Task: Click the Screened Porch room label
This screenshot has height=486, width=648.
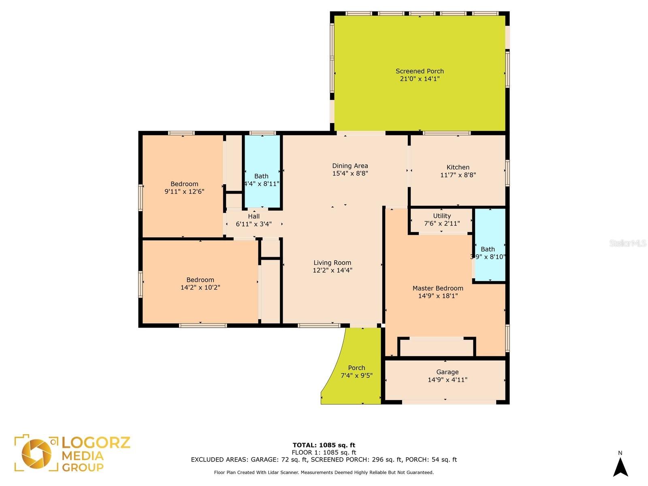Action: pos(420,71)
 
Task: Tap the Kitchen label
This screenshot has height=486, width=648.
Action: pos(458,167)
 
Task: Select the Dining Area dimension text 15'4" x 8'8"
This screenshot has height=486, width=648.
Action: pos(350,173)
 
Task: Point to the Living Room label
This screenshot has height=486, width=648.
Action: pos(332,262)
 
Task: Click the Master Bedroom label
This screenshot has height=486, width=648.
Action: pos(438,288)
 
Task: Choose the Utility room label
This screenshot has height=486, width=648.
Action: pos(441,216)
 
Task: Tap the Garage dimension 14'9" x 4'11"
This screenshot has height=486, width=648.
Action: pos(447,380)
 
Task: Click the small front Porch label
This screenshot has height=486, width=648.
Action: pos(356,368)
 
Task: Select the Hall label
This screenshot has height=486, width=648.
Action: pos(254,216)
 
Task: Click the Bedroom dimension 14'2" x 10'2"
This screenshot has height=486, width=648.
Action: pos(200,288)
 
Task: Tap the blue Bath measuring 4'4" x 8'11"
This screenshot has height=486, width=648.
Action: pos(262,171)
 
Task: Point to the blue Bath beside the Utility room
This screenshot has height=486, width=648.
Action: pos(490,245)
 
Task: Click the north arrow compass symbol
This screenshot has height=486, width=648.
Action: pos(620,467)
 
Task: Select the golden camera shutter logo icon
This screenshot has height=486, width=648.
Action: pos(36,454)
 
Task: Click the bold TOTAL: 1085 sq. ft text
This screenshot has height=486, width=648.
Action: pos(324,445)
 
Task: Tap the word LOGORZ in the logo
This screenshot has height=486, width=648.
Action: pos(96,443)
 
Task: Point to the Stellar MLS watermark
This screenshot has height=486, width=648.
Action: pos(628,243)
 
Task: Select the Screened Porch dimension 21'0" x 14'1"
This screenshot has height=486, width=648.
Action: pos(420,79)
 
